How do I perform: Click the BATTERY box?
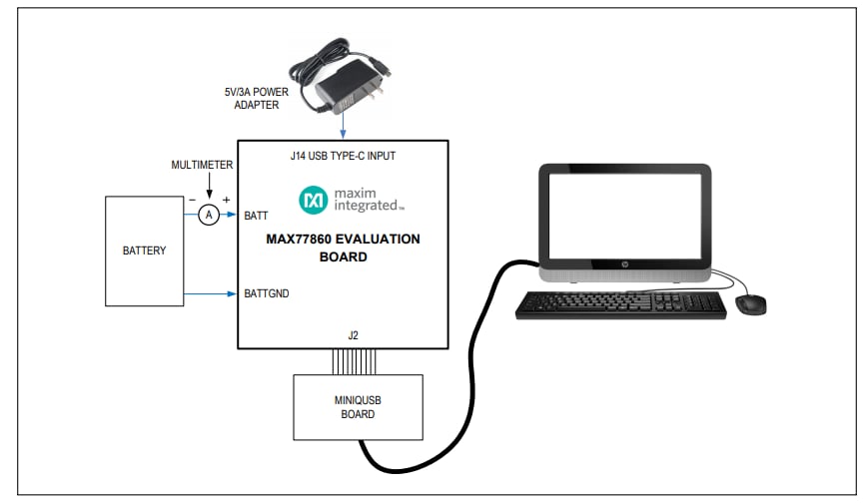coord(145,251)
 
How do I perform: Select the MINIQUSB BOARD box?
coord(357,407)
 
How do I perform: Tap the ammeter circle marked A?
coord(208,215)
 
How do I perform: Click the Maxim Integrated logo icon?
coord(313,200)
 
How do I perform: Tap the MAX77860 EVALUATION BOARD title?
coord(343,248)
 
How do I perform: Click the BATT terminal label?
coord(256,216)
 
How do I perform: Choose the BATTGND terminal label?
coord(267,293)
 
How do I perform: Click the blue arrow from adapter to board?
coord(343,125)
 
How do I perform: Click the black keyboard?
coord(621,304)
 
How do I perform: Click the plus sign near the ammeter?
coord(226,200)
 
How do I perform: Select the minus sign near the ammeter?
coord(190,200)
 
